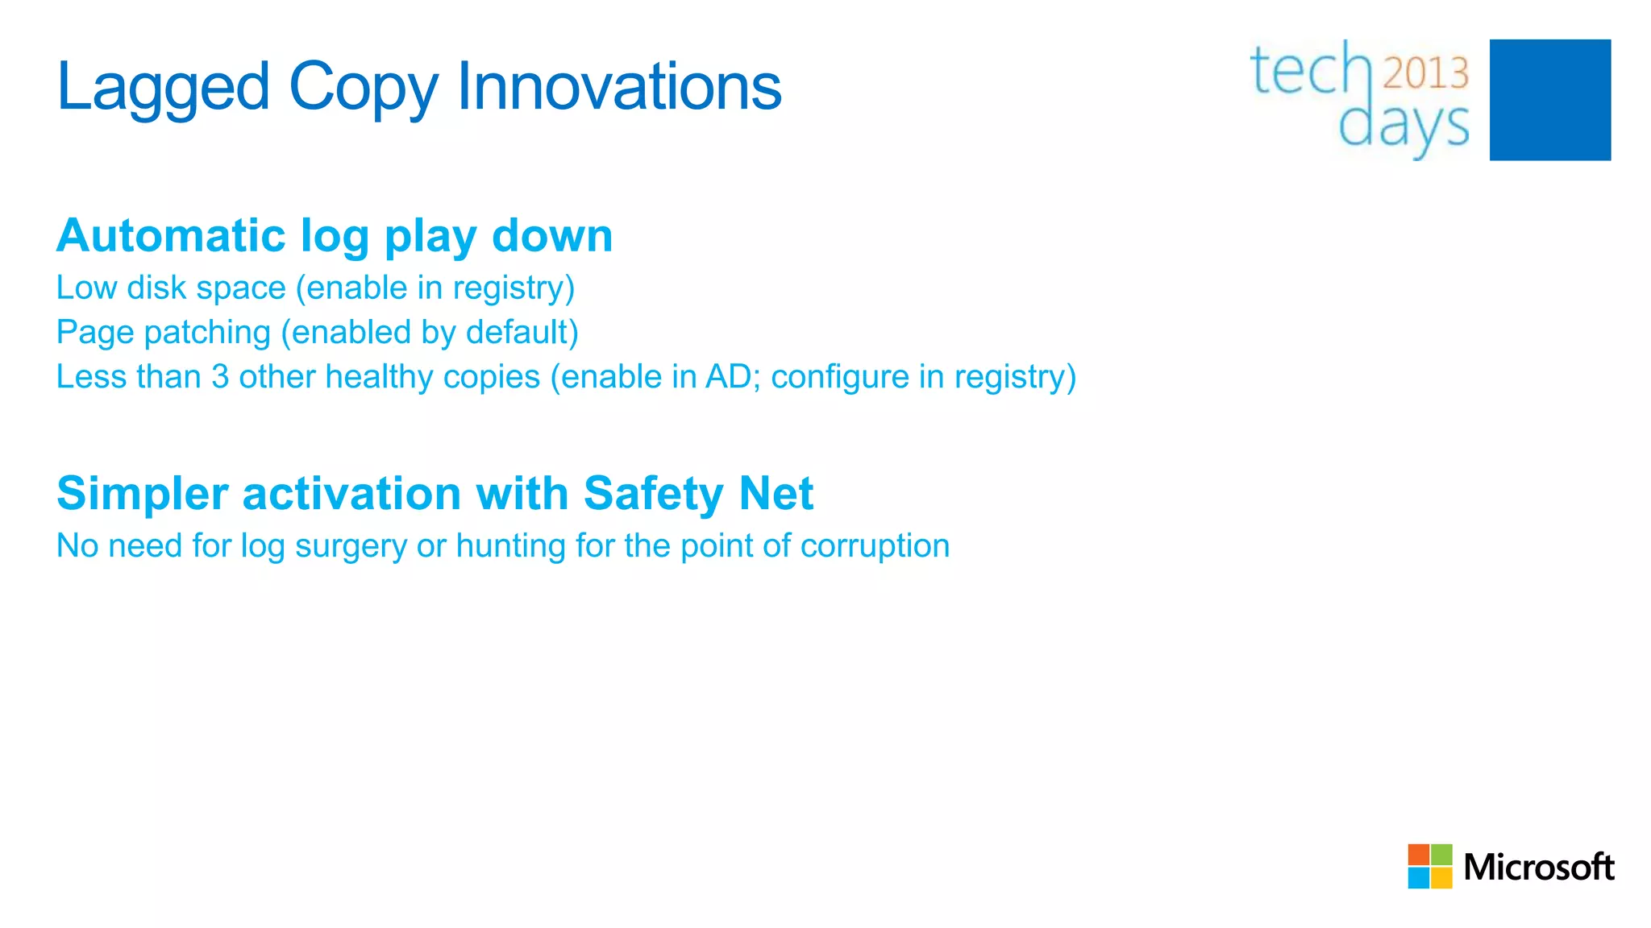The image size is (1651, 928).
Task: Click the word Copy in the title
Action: coord(364,87)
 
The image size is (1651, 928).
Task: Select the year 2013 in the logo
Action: coord(1426,73)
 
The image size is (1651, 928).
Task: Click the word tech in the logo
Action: coord(1311,71)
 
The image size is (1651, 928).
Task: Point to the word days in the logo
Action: coord(1404,126)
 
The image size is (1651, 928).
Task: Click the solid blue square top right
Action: coord(1549,100)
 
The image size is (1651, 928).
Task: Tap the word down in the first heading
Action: coord(552,236)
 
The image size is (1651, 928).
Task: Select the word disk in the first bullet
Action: coord(156,288)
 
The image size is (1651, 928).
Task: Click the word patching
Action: coord(207,333)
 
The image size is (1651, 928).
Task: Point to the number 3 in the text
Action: coord(220,376)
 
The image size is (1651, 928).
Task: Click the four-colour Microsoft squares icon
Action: coord(1429,866)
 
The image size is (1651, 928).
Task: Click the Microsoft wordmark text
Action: coord(1538,867)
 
